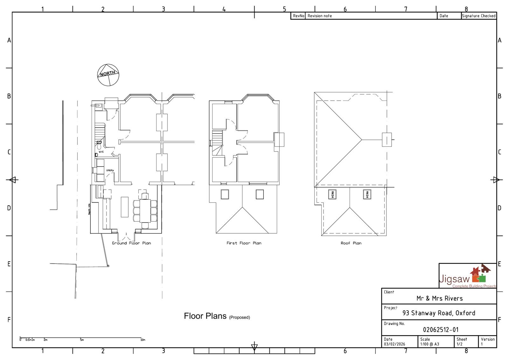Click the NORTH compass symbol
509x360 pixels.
108,75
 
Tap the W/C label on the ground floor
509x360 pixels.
101,152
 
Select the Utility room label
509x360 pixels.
110,170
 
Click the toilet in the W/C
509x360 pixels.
99,147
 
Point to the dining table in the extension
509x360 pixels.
145,210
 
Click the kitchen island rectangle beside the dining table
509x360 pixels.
125,207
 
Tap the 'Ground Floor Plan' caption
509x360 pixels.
131,243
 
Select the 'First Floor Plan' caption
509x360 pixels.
244,243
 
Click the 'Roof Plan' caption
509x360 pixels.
351,243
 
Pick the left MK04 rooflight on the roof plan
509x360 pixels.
332,194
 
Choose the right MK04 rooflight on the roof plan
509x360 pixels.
367,194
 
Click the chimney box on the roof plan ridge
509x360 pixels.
387,140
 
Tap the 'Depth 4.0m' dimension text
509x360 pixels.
89,209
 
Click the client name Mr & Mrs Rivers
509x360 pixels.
439,299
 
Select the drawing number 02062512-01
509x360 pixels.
441,330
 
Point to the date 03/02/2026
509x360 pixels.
394,344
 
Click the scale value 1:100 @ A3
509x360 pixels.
429,344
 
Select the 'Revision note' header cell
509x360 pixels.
319,16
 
